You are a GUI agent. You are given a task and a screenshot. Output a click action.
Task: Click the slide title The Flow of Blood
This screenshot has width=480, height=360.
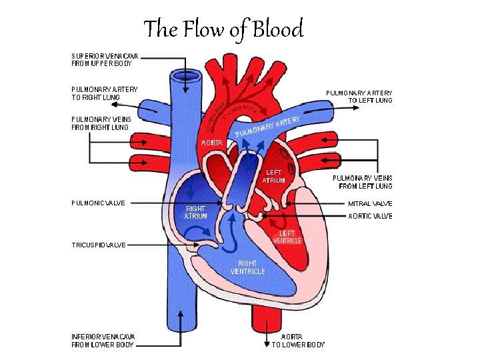point(223,29)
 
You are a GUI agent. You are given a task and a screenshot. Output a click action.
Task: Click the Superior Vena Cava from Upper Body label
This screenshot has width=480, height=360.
point(111,59)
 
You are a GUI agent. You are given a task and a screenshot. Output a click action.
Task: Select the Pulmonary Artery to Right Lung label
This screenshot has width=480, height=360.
point(105,93)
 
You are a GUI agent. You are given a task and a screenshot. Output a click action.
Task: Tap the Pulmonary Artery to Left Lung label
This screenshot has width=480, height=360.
point(359,97)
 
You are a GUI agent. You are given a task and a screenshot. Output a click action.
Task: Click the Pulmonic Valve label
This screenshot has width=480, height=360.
point(98,203)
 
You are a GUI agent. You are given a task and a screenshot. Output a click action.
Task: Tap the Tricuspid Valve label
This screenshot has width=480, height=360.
point(98,245)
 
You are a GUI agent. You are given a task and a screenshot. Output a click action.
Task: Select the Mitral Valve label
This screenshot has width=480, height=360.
point(370,203)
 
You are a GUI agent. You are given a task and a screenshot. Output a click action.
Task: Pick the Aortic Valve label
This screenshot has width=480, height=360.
point(370,216)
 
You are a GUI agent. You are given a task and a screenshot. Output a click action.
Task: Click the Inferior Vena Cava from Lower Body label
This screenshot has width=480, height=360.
point(103,341)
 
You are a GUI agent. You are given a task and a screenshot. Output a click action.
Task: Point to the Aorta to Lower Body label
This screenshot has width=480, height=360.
point(298,341)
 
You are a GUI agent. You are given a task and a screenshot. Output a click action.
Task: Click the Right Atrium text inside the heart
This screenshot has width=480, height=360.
point(196,212)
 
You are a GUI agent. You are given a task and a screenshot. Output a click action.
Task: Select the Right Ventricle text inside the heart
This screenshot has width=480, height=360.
point(247,267)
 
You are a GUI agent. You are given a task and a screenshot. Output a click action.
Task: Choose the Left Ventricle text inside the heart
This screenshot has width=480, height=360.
point(287,237)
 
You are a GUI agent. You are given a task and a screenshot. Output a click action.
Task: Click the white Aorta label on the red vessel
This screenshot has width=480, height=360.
point(212,143)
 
